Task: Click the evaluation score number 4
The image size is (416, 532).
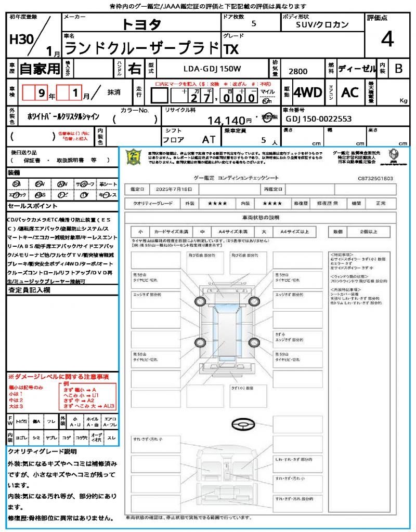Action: coord(387,39)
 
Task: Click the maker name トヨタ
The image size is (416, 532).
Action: coord(141,24)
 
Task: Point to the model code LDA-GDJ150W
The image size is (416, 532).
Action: coord(212,68)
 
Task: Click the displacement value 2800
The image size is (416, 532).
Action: coord(297,72)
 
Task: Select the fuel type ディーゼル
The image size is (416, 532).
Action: coord(357,68)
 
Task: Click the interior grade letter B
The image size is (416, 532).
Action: coord(398,68)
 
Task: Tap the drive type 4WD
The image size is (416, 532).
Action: coord(308,92)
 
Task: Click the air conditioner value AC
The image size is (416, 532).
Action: coord(350,92)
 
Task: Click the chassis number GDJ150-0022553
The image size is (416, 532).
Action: coord(319,119)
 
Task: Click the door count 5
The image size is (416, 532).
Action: coord(253,24)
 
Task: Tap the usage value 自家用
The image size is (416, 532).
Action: coord(40,68)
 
